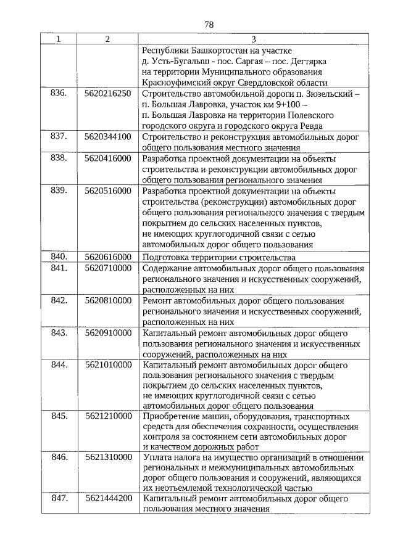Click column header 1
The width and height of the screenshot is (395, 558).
pos(59,39)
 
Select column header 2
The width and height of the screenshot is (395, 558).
pos(107,39)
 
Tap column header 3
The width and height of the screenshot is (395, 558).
pos(253,39)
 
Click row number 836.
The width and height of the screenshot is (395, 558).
pos(59,94)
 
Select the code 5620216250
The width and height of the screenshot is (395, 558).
pos(108,94)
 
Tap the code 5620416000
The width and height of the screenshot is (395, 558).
pos(108,158)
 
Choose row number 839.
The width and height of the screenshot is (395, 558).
pos(59,191)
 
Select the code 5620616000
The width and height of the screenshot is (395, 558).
pos(108,257)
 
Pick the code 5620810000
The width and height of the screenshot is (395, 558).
pos(108,301)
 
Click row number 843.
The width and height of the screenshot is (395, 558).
pos(59,334)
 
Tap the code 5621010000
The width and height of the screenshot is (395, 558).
pos(108,365)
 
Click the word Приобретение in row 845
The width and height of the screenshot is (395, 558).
pos(171,416)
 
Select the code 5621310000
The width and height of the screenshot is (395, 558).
pos(108,457)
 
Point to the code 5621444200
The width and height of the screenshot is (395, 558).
pos(108,498)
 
